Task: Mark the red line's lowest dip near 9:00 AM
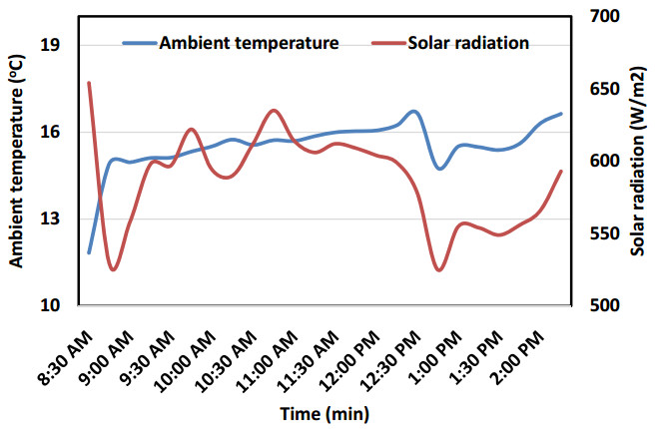coord(113,269)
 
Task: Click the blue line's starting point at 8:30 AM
coord(89,252)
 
